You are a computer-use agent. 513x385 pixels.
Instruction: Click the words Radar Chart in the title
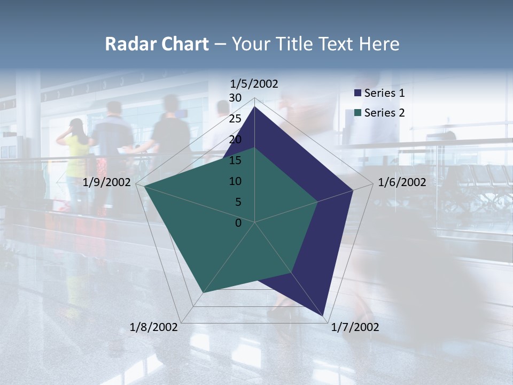[157, 44]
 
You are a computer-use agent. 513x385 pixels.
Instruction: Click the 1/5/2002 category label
[254, 84]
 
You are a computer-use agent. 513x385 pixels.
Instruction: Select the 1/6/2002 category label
[402, 182]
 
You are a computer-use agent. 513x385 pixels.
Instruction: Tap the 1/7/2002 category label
[355, 327]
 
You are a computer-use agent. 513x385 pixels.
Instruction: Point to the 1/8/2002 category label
[154, 327]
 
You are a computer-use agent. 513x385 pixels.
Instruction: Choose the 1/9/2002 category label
[107, 182]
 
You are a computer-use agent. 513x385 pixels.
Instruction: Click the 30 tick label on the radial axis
[235, 98]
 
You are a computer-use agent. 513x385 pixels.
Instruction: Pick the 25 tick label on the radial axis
[235, 119]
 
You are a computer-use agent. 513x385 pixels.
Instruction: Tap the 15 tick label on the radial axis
[235, 160]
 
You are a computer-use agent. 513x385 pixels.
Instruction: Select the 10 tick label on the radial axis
[235, 181]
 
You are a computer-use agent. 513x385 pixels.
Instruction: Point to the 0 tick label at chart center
[238, 223]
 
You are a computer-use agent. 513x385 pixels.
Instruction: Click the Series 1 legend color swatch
[358, 93]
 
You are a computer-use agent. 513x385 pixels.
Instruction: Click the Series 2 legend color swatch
[358, 113]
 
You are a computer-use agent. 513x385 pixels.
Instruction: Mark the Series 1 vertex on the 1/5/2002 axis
[255, 106]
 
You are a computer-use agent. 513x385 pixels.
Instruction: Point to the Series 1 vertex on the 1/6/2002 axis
[353, 190]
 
